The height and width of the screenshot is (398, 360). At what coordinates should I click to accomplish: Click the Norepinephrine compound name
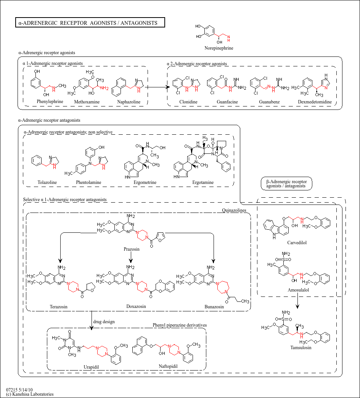click(219, 48)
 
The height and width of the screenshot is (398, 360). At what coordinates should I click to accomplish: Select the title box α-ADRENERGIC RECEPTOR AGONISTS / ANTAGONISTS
click(90, 23)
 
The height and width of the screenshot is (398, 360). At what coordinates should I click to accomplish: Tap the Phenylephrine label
click(50, 102)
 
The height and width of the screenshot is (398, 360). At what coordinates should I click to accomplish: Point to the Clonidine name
click(188, 102)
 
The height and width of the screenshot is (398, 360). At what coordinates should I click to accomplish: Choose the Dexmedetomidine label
click(315, 102)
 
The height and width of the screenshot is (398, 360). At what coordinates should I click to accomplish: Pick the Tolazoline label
click(47, 182)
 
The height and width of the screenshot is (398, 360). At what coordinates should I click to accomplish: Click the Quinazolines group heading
click(234, 210)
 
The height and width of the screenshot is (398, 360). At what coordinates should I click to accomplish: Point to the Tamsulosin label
click(301, 348)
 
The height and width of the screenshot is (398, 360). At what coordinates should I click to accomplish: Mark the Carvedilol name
click(297, 242)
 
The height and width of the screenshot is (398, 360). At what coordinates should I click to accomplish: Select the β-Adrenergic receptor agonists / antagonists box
click(286, 184)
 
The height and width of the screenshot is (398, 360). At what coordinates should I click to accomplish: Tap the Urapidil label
click(92, 367)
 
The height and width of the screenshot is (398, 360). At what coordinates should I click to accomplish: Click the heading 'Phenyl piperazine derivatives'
click(180, 325)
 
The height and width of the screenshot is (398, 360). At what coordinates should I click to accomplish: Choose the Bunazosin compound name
click(214, 306)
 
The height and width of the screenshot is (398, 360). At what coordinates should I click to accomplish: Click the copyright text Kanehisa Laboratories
click(30, 394)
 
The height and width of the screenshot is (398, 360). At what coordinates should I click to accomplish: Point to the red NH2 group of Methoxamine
click(104, 89)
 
